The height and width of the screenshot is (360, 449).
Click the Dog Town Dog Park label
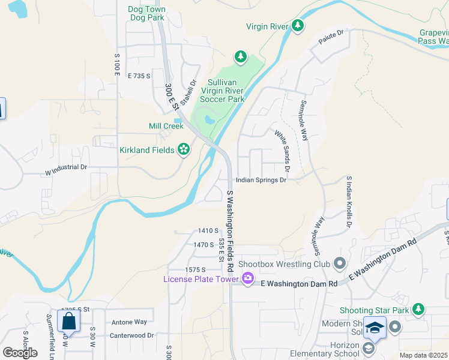147,13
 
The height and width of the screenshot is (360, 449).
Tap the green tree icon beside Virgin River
297,26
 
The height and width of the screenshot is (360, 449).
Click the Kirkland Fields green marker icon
184,149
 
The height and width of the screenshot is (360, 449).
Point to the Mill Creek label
166,127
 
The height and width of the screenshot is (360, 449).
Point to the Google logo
20,352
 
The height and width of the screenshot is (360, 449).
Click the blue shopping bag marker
69,320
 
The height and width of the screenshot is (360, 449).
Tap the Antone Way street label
129,322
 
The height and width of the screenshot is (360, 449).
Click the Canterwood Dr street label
133,335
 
